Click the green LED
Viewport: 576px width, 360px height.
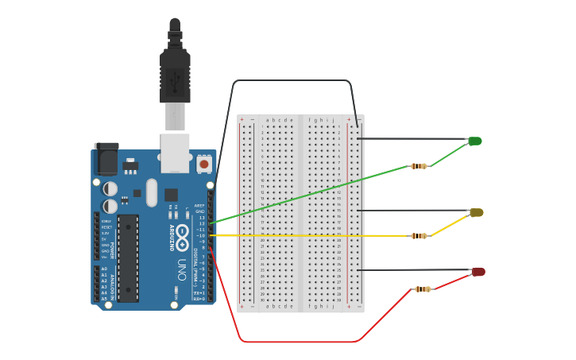point(474,141)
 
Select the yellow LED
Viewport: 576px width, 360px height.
point(477,213)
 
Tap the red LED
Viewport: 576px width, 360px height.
point(478,272)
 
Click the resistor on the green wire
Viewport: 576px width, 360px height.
point(419,166)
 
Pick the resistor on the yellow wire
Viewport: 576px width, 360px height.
point(419,235)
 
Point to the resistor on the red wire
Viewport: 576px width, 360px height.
point(423,289)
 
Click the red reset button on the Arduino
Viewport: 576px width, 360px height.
point(204,164)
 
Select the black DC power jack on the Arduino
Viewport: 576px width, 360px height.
point(106,160)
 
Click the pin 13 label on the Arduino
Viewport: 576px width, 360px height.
point(202,217)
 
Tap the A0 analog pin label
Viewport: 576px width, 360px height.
point(104,269)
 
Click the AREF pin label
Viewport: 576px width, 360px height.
point(200,205)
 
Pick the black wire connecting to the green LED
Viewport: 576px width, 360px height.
point(413,139)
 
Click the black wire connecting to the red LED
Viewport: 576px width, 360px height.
point(413,270)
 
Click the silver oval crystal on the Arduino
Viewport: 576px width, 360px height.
point(152,192)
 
